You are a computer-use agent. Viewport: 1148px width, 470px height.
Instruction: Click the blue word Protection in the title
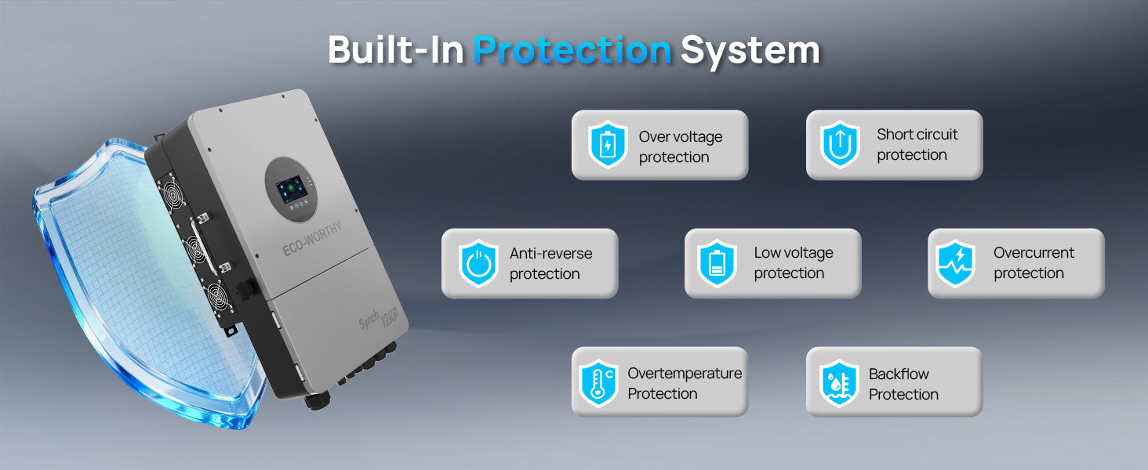[572, 50]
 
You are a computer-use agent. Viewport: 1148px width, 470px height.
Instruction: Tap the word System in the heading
[750, 51]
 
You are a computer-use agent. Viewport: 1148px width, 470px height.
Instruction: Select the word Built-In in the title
[396, 49]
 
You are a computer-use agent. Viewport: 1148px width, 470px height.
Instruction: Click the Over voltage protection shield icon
[608, 145]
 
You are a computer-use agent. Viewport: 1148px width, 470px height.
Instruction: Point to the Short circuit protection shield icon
[840, 145]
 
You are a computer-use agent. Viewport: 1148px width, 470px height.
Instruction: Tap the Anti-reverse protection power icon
[478, 264]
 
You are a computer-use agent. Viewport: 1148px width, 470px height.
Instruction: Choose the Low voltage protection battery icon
[717, 264]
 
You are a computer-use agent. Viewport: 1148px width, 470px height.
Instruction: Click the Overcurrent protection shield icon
[955, 264]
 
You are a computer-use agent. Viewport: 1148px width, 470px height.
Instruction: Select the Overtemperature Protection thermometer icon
[598, 384]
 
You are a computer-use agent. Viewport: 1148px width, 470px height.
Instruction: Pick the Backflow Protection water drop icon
[839, 384]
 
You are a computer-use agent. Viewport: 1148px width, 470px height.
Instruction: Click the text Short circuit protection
[917, 144]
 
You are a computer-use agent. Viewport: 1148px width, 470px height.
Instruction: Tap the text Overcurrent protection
[1034, 262]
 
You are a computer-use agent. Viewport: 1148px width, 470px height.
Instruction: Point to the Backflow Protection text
[903, 384]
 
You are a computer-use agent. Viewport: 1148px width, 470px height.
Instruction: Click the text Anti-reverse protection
[551, 264]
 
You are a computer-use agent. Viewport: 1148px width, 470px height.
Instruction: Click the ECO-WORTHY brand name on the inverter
[312, 239]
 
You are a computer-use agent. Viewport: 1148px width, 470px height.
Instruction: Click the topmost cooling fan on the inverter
[174, 195]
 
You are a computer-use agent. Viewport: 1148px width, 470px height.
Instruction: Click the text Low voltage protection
[794, 262]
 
